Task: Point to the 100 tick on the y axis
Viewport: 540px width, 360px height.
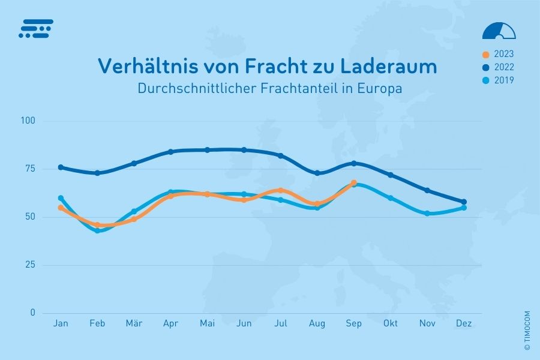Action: [x=29, y=121]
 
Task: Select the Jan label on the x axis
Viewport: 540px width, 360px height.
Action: [x=61, y=324]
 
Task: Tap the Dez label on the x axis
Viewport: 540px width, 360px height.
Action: [x=464, y=324]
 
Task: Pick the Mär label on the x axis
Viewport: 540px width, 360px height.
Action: [x=134, y=324]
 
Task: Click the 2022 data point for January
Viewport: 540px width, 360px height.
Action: [x=61, y=167]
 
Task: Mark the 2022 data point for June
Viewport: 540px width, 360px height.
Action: [x=244, y=150]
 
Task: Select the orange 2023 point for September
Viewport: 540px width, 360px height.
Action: [x=354, y=182]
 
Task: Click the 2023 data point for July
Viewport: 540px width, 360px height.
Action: [x=280, y=190]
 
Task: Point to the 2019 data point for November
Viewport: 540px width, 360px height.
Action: [x=427, y=213]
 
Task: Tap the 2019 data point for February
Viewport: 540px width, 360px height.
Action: [x=97, y=230]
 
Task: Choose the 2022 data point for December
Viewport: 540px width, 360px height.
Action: [x=464, y=202]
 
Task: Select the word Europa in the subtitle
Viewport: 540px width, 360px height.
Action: [x=379, y=88]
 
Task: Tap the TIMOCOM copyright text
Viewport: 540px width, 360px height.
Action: [x=527, y=330]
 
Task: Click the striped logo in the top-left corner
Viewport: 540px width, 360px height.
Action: [x=36, y=28]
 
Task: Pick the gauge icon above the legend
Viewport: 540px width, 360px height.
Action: [x=499, y=31]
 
